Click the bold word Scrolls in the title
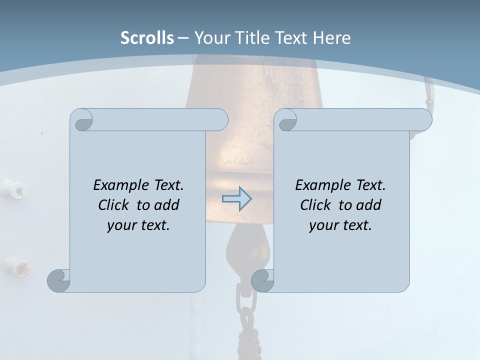click(x=147, y=38)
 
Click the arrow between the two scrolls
click(x=236, y=199)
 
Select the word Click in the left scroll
click(x=113, y=205)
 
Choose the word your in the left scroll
click(x=121, y=225)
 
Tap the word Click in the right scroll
click(x=315, y=205)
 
